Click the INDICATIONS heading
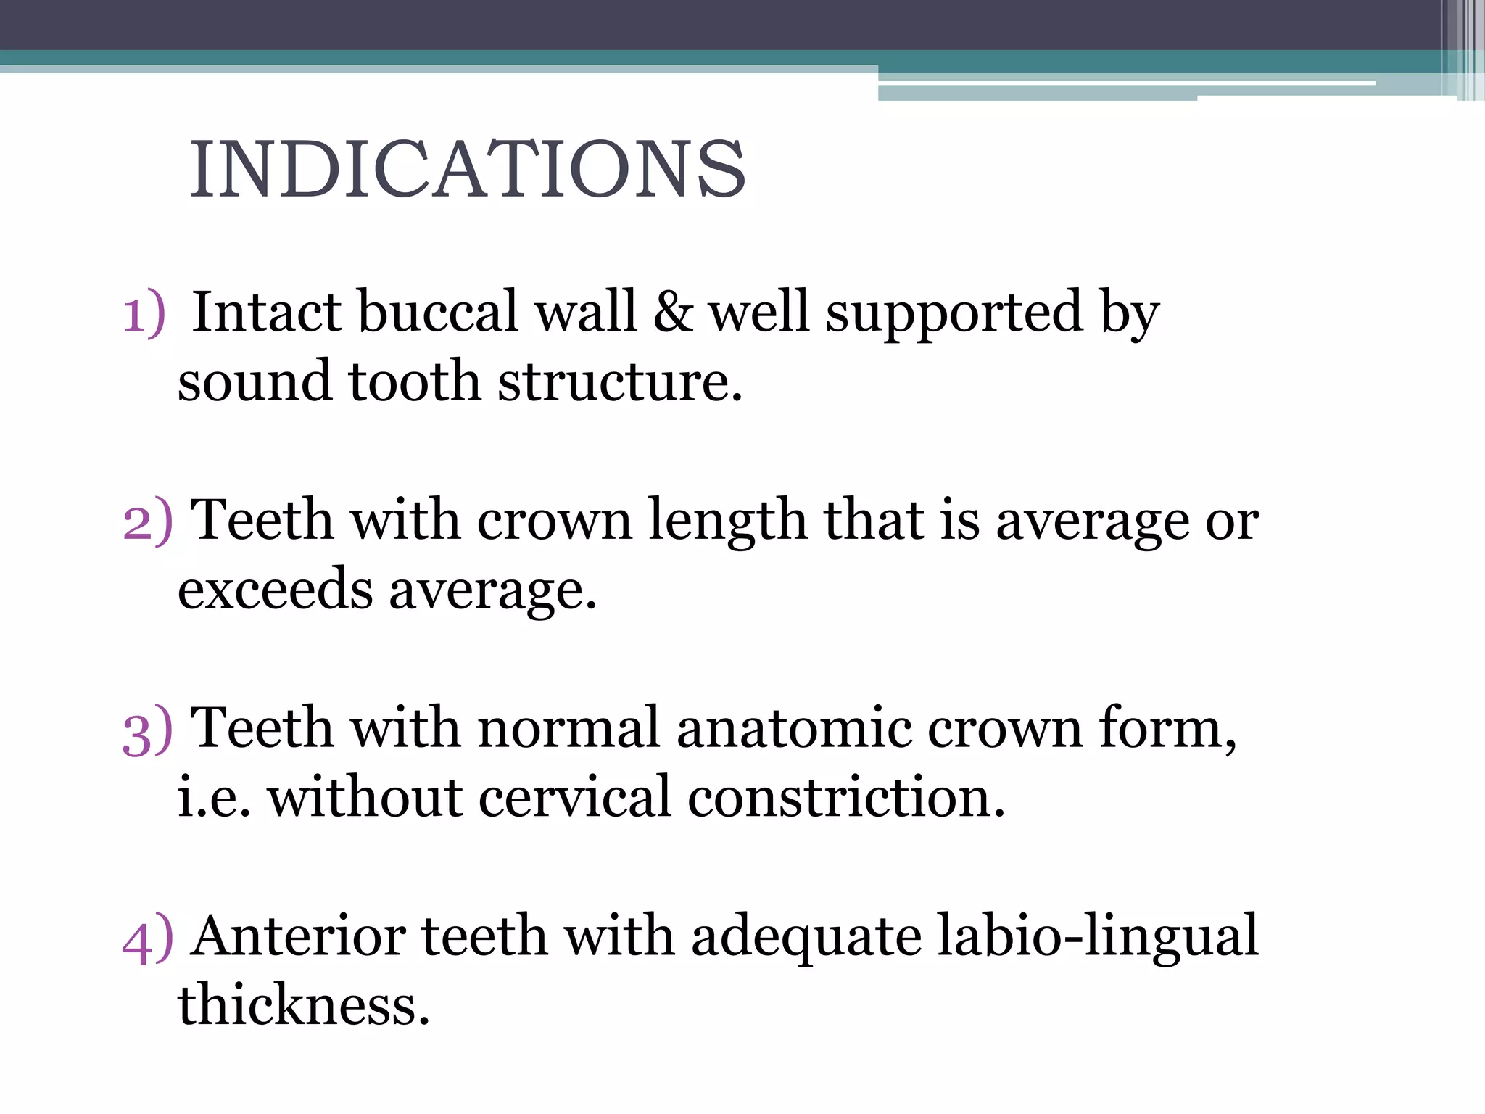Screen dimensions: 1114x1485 pos(468,169)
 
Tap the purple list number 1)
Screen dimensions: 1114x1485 pos(144,314)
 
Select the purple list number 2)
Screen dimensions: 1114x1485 pos(147,521)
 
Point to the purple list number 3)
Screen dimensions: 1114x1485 pos(147,730)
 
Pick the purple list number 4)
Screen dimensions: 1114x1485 pos(147,938)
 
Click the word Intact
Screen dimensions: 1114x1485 pos(265,312)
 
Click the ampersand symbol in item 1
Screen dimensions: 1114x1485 pos(672,312)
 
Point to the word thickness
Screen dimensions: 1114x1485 pos(304,1005)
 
